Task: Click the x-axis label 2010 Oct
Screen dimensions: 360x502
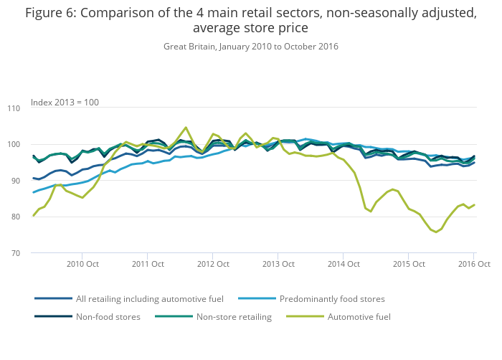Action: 82,264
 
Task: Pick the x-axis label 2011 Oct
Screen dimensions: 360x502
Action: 147,264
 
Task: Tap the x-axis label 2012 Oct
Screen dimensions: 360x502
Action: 212,264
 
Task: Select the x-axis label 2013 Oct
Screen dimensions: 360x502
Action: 278,264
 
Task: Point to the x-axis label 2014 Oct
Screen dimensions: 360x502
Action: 343,264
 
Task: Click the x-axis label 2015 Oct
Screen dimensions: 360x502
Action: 408,264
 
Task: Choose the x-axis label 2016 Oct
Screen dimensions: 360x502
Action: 473,264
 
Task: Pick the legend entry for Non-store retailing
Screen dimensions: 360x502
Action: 232,316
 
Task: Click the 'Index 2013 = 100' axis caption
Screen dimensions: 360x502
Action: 65,103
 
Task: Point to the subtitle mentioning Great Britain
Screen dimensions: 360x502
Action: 251,47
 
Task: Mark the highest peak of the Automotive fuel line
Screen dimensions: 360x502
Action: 186,128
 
